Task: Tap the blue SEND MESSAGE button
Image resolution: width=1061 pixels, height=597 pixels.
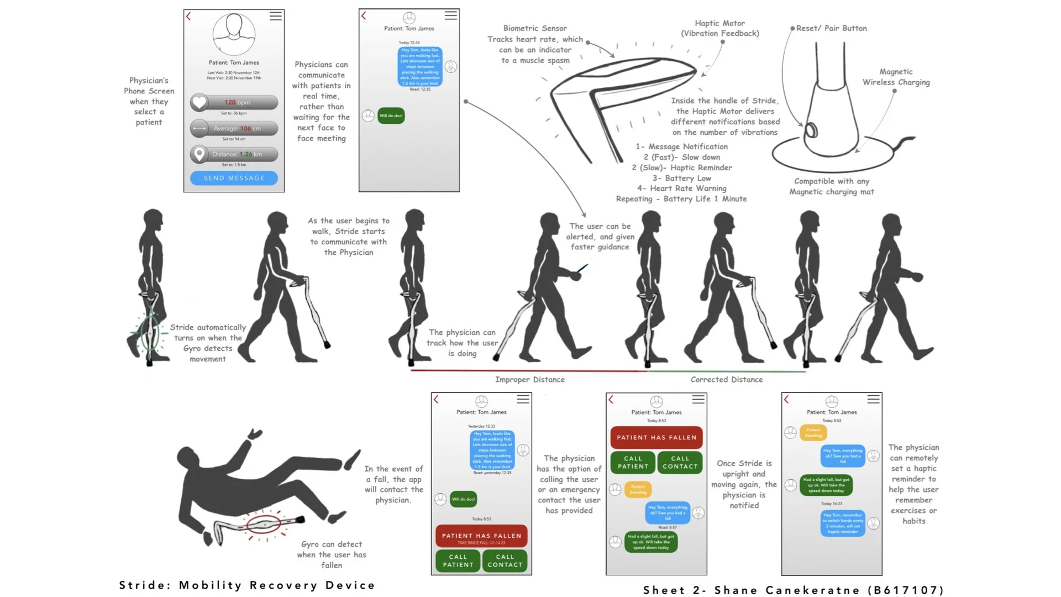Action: [234, 178]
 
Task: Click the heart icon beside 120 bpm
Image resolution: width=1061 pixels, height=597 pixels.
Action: [199, 102]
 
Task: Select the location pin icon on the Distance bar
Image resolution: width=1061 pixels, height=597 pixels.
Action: [199, 154]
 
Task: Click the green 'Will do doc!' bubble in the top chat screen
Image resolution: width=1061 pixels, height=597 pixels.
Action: [391, 116]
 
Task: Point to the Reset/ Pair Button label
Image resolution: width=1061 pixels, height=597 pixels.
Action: [831, 28]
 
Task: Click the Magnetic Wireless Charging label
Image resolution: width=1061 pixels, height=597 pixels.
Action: [896, 77]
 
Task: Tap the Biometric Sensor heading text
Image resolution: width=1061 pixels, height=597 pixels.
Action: [534, 28]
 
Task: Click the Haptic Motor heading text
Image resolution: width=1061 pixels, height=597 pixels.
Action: [719, 23]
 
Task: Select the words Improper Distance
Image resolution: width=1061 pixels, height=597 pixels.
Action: [529, 380]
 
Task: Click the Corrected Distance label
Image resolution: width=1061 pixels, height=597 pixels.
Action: [726, 380]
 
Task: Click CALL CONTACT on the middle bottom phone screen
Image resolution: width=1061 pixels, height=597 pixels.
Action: [680, 463]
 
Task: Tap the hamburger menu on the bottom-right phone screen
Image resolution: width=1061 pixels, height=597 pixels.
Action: [873, 399]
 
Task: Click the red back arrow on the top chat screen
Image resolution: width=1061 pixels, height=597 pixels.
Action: [364, 15]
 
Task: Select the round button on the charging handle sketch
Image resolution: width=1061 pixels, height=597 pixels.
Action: [811, 130]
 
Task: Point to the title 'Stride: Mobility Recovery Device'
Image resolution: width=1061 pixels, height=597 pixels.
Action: [247, 585]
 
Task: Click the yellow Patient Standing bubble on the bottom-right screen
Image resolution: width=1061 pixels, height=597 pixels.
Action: [813, 432]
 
